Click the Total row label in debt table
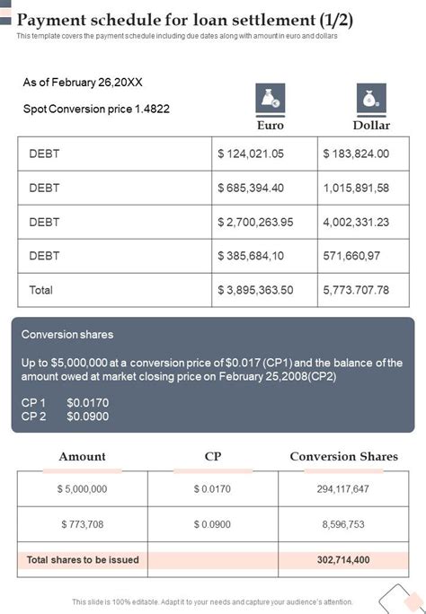pos(41,290)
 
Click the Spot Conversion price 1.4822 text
pos(96,109)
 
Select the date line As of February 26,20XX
pos(83,82)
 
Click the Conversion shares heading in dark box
pos(67,335)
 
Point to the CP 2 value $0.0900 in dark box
pos(88,417)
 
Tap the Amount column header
pos(82,457)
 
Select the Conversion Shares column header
pos(343,457)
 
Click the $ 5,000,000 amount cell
pos(82,489)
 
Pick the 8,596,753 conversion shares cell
pos(343,524)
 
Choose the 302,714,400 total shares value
pos(343,559)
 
